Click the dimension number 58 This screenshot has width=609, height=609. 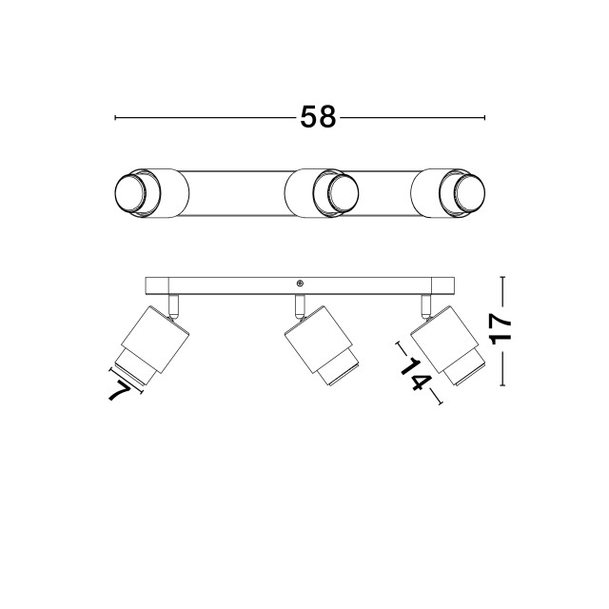[318, 117]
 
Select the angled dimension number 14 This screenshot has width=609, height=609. [416, 374]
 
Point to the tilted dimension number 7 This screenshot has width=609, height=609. [120, 390]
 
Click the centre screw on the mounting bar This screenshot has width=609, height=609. [300, 284]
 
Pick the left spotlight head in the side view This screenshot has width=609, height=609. [153, 345]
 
